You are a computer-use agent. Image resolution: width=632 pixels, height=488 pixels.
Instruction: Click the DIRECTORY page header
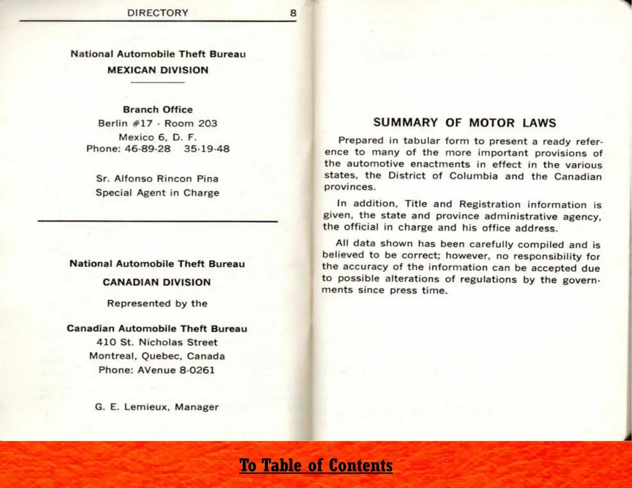click(x=157, y=13)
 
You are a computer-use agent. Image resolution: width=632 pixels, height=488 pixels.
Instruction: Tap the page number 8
click(x=293, y=13)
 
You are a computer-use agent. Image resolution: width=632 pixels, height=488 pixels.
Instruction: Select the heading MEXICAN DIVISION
click(x=158, y=70)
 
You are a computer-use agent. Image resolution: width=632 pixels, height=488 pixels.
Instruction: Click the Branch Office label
click(x=158, y=109)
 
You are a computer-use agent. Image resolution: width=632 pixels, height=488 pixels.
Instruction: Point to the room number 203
click(x=208, y=123)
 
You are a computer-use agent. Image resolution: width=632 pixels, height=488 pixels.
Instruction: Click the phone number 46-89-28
click(x=148, y=148)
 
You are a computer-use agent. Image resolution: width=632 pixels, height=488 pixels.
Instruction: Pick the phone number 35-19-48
click(x=207, y=148)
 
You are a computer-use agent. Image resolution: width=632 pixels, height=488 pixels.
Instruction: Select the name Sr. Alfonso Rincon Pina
click(x=157, y=179)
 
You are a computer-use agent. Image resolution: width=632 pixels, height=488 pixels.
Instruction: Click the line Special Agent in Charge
click(x=157, y=192)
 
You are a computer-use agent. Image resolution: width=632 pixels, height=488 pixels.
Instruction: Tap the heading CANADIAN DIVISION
click(x=157, y=282)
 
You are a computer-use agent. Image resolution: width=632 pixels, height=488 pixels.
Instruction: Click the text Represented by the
click(x=157, y=303)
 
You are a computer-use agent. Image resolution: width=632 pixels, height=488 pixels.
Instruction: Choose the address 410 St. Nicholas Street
click(x=157, y=342)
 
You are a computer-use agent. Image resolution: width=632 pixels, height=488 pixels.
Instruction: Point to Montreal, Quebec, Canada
click(x=157, y=356)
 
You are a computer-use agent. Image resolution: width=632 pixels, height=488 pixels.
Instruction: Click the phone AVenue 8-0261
click(x=157, y=370)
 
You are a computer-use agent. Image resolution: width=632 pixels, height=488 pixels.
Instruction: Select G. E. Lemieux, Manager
click(x=157, y=407)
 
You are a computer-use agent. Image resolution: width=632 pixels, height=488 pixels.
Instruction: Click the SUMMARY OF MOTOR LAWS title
click(x=464, y=123)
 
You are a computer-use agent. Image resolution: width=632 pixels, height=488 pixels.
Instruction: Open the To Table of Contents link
click(x=316, y=465)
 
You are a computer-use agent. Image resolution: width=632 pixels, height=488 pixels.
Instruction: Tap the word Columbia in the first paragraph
click(x=473, y=176)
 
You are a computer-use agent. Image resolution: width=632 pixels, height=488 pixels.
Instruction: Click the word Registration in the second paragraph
click(x=490, y=204)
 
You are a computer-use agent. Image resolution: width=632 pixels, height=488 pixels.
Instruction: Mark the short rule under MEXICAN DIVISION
click(x=158, y=83)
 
